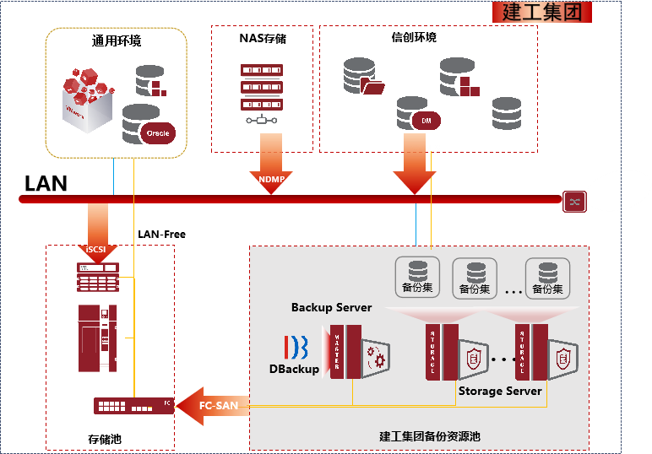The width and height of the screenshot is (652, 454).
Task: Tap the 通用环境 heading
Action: click(x=117, y=41)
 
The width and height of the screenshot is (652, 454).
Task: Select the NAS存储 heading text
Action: click(x=263, y=38)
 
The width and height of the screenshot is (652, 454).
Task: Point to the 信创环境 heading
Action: click(x=414, y=38)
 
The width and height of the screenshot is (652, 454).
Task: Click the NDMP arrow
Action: click(x=270, y=176)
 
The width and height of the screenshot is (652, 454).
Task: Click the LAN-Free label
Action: click(x=161, y=234)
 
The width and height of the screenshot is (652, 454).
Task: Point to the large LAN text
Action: click(x=46, y=184)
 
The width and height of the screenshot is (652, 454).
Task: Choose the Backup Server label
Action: click(x=331, y=307)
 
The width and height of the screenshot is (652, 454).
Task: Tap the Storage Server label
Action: click(x=500, y=391)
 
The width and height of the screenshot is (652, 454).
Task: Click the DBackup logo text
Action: click(x=295, y=369)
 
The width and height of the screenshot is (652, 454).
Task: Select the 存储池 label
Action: click(x=105, y=439)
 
